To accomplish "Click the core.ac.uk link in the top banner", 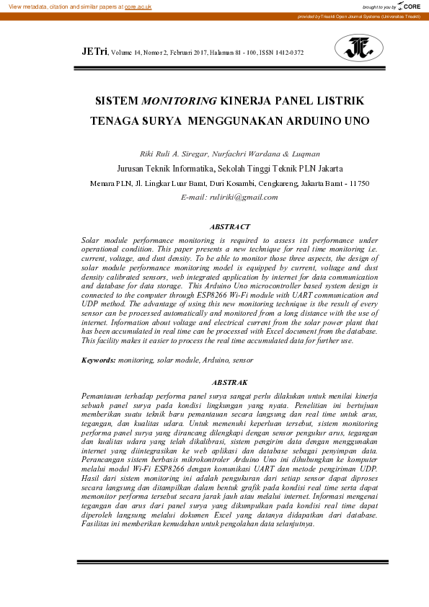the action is [138, 6].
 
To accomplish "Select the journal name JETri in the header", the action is [94, 52].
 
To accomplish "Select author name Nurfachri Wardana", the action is [240, 154].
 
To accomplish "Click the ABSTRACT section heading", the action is [230, 226].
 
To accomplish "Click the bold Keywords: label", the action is [97, 358].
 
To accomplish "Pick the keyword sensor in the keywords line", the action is [242, 358].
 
